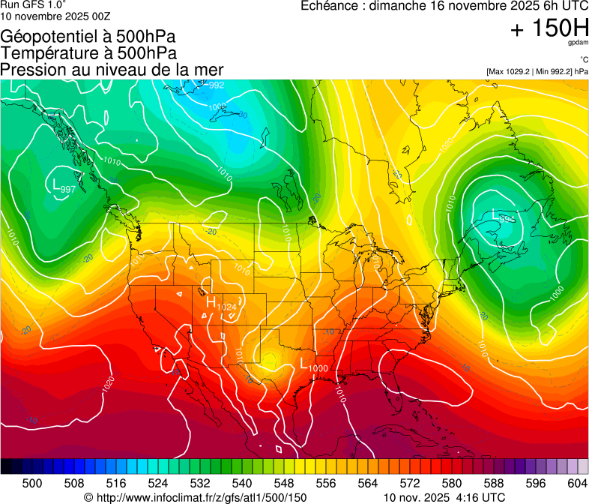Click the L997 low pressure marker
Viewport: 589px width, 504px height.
(x=63, y=186)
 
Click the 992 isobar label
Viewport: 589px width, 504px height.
(x=216, y=85)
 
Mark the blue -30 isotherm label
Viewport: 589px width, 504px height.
(x=242, y=115)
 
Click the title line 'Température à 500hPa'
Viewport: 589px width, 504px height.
(x=88, y=53)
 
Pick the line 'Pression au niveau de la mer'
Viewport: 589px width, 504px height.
(x=112, y=70)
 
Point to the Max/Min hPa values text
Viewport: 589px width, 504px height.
(x=537, y=72)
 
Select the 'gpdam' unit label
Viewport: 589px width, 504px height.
(x=578, y=43)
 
